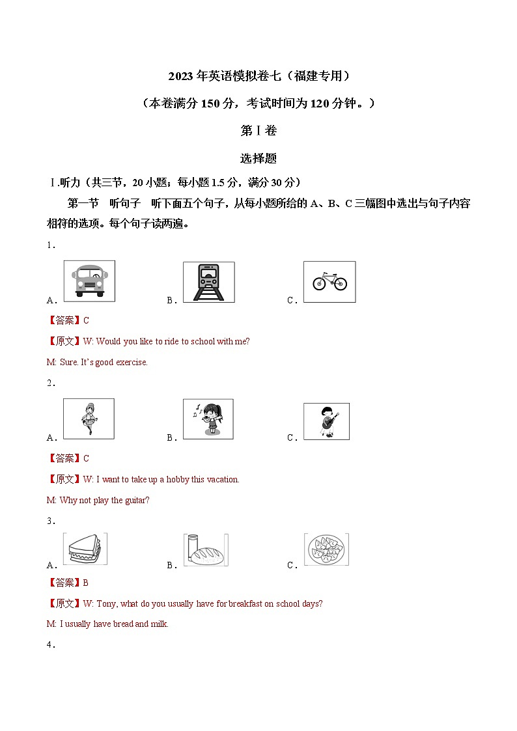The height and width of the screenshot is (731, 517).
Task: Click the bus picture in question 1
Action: click(89, 281)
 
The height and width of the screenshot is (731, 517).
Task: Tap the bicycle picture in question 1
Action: click(329, 282)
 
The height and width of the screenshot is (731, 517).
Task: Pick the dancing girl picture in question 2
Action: click(89, 419)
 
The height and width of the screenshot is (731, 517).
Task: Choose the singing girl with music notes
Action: click(208, 419)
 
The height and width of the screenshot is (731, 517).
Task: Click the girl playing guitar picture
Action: click(326, 421)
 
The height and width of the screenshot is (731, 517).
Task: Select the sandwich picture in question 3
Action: click(85, 549)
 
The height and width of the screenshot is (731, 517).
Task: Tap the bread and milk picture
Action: click(206, 550)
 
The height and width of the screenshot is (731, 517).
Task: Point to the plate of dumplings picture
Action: click(327, 549)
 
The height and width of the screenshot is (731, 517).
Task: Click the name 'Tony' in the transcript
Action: click(106, 604)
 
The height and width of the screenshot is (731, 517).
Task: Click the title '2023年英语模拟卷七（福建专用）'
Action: click(258, 76)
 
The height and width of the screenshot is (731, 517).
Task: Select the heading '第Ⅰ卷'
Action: click(258, 130)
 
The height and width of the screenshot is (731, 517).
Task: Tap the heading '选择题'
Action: click(258, 158)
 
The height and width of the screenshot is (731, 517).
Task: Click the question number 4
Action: click(51, 645)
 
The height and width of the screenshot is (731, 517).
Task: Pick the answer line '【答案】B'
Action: click(68, 583)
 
